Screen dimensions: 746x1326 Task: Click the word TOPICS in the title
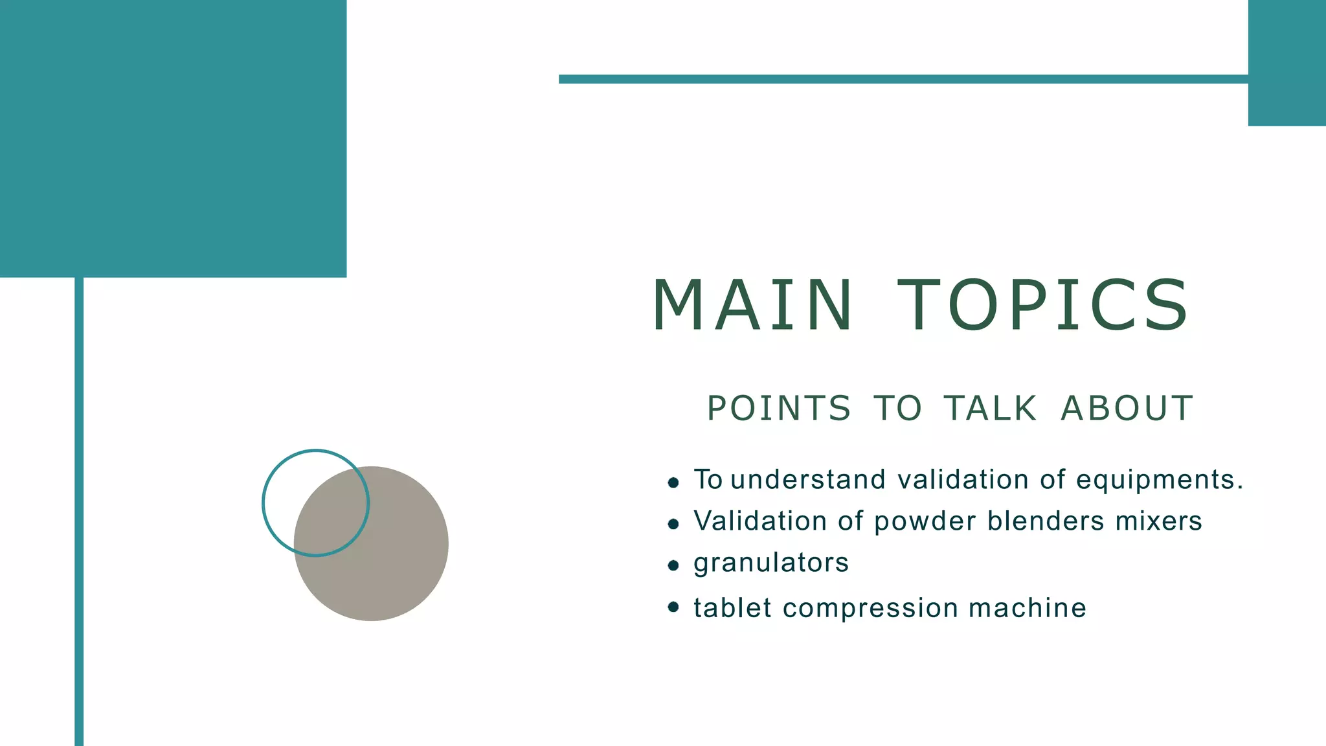pos(1043,305)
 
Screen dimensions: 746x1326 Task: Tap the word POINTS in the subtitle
pos(779,409)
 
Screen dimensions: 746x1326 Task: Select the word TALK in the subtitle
pos(990,409)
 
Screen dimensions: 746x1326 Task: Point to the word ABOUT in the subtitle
pos(1127,409)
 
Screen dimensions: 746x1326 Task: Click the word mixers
pos(1158,521)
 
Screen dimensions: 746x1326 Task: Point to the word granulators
pos(770,563)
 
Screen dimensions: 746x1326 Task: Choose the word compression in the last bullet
pos(870,608)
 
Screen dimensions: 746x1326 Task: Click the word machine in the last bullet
pos(1028,608)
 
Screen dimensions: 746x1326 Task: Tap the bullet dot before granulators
pos(673,565)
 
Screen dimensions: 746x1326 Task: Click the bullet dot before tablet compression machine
pos(673,607)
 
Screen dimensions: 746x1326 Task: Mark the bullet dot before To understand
pos(673,482)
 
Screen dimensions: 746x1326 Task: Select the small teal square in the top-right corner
pos(1287,63)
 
